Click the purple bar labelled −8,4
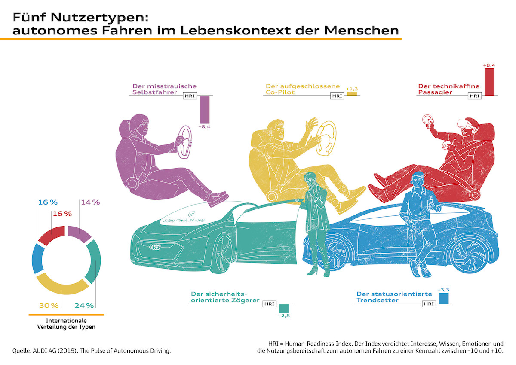pyautogui.click(x=204, y=109)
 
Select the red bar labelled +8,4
pyautogui.click(x=489, y=82)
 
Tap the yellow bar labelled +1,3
pyautogui.click(x=352, y=93)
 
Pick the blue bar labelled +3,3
pyautogui.click(x=443, y=298)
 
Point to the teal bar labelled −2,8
pyautogui.click(x=284, y=308)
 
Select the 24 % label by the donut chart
pyautogui.click(x=84, y=306)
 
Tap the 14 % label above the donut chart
pyautogui.click(x=90, y=202)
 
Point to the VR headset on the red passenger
pyautogui.click(x=465, y=123)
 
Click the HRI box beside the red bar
pyautogui.click(x=474, y=95)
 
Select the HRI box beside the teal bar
pyautogui.click(x=269, y=304)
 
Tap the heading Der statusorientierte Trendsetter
pyautogui.click(x=394, y=297)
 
